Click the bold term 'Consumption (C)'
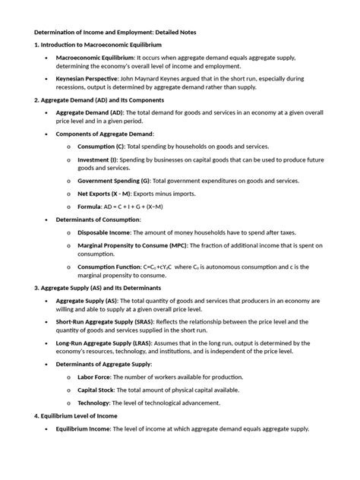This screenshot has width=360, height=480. (101, 146)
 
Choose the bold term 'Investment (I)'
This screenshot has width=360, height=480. (97, 160)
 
